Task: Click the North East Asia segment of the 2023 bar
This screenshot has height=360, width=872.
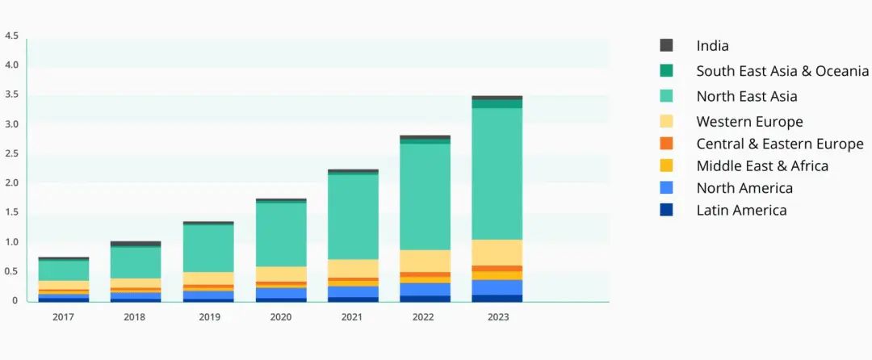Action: click(497, 174)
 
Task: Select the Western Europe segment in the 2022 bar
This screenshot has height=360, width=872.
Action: click(426, 261)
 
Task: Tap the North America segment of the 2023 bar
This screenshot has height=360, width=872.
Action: click(497, 287)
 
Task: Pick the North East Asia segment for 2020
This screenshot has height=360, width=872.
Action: click(281, 234)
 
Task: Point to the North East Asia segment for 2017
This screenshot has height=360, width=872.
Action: click(64, 270)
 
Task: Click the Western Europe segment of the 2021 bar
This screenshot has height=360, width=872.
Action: click(353, 268)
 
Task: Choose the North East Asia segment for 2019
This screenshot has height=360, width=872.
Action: click(208, 248)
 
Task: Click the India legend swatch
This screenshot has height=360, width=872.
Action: click(667, 46)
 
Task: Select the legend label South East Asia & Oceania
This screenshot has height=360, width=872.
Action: click(782, 71)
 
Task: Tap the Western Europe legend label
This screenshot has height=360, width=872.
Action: click(749, 122)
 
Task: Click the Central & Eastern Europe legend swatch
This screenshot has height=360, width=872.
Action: click(667, 144)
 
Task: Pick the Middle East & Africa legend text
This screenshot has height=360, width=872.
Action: click(762, 165)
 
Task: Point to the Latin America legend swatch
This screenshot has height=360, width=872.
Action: click(667, 210)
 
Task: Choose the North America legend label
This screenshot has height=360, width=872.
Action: click(744, 188)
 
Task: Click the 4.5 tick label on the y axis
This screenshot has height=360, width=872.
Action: click(11, 36)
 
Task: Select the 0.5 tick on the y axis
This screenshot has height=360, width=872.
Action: click(11, 271)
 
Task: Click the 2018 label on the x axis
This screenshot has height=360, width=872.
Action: click(135, 317)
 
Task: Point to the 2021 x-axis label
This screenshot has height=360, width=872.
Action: click(353, 317)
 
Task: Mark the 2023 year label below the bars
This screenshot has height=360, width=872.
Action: click(497, 317)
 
